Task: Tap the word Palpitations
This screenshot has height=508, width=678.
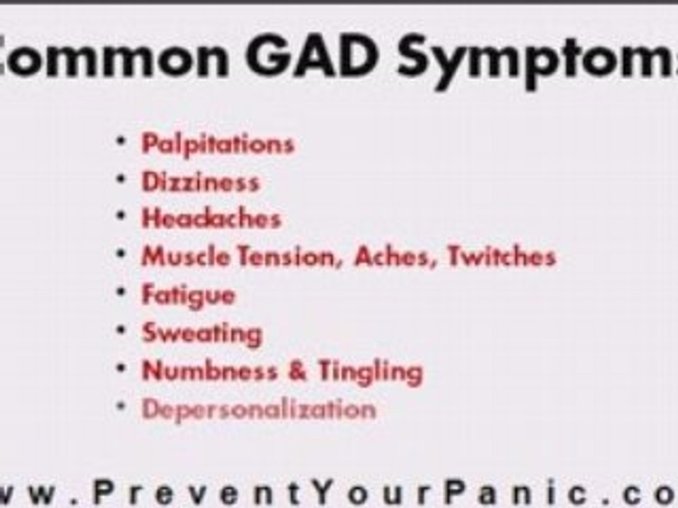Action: pos(218,145)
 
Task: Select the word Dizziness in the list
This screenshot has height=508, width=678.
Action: pos(201,182)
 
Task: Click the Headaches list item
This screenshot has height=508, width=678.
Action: pos(211,219)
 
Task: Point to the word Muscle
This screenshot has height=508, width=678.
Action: pos(186,256)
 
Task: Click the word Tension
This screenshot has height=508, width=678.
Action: pos(288,256)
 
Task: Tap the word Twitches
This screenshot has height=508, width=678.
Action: pos(501,256)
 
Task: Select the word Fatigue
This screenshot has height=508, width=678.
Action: pos(188,295)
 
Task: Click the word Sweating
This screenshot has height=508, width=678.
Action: pos(202,333)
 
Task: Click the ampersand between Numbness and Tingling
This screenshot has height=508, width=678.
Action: pos(297,370)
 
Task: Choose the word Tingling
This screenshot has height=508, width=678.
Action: pos(369,371)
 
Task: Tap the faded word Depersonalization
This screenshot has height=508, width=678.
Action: pos(258,409)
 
